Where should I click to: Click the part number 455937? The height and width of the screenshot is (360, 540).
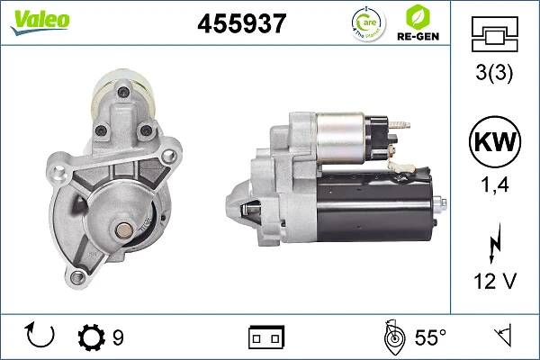tap(241, 25)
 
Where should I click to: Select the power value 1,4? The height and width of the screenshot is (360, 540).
tap(495, 187)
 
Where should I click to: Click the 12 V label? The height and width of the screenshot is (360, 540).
tap(495, 282)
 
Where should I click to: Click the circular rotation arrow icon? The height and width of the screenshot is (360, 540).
tap(41, 337)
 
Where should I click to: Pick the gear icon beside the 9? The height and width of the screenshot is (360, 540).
tap(92, 337)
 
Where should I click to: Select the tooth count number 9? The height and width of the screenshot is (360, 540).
tap(118, 337)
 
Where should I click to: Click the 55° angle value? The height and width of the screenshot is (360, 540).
tap(430, 337)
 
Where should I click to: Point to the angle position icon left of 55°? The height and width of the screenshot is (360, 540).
tap(392, 337)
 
